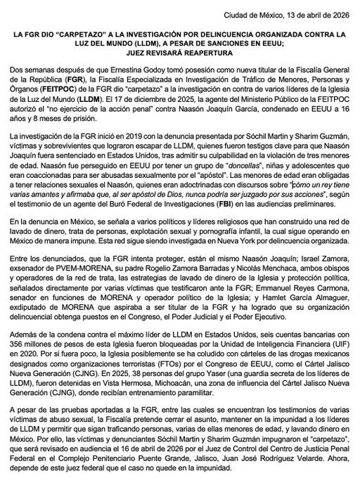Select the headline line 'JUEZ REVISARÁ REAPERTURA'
tap(180, 51)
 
